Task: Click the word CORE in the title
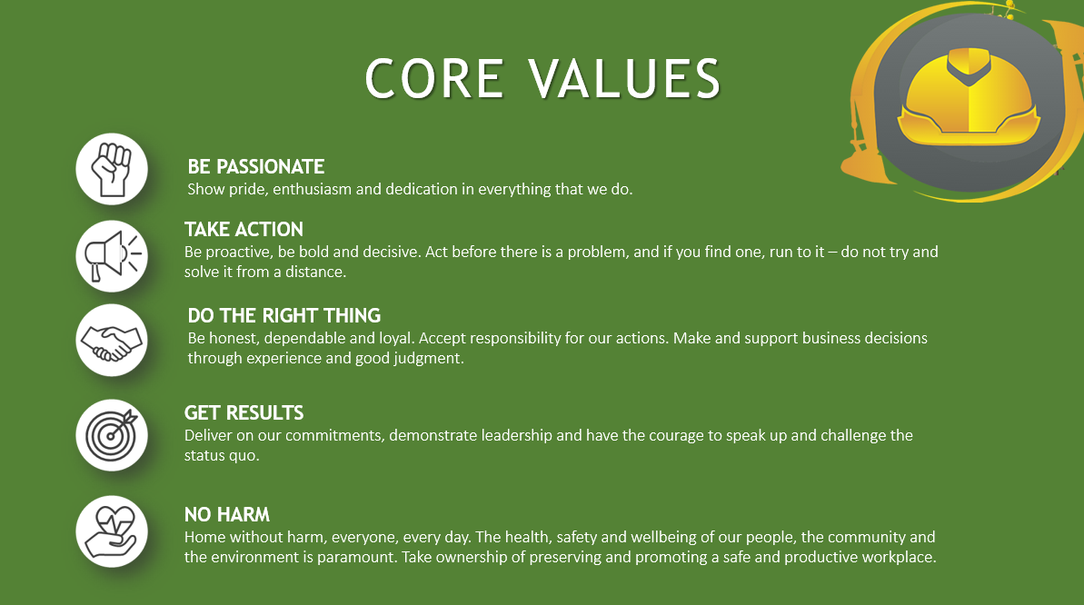point(433,78)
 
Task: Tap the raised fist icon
point(111,169)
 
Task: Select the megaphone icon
point(111,256)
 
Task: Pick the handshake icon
point(111,340)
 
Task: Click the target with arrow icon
point(111,436)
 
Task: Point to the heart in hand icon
point(111,531)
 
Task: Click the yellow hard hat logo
point(969,97)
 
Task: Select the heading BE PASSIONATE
point(256,166)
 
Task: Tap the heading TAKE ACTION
point(244,230)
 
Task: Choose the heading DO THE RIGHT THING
point(284,316)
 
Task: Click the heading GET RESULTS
point(244,412)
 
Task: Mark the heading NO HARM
point(227,514)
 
